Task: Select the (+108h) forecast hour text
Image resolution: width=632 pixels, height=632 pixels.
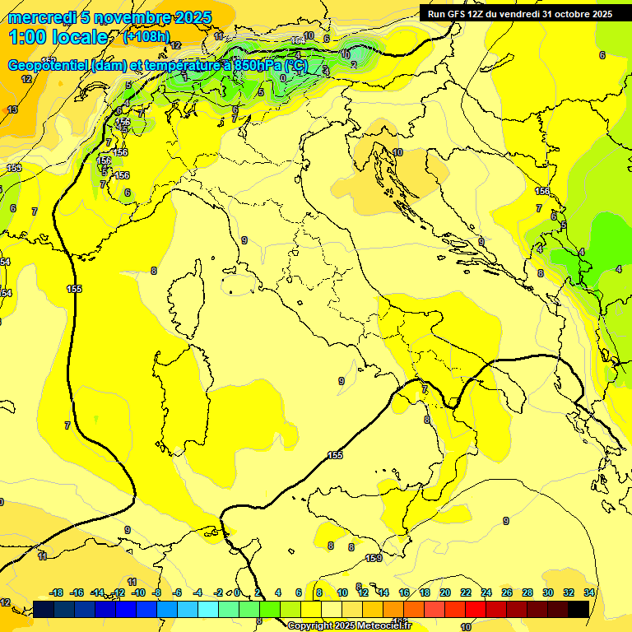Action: [146, 36]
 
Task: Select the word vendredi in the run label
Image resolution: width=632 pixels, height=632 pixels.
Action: [516, 14]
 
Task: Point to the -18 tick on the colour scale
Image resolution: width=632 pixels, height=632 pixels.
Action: [56, 592]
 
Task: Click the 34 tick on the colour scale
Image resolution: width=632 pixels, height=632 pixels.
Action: [589, 592]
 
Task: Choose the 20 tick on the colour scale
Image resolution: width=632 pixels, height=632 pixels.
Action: [444, 592]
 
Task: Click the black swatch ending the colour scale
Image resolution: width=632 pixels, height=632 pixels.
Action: [578, 609]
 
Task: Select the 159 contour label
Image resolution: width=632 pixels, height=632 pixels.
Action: [374, 559]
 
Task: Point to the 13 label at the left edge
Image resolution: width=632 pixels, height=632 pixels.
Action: [12, 109]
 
